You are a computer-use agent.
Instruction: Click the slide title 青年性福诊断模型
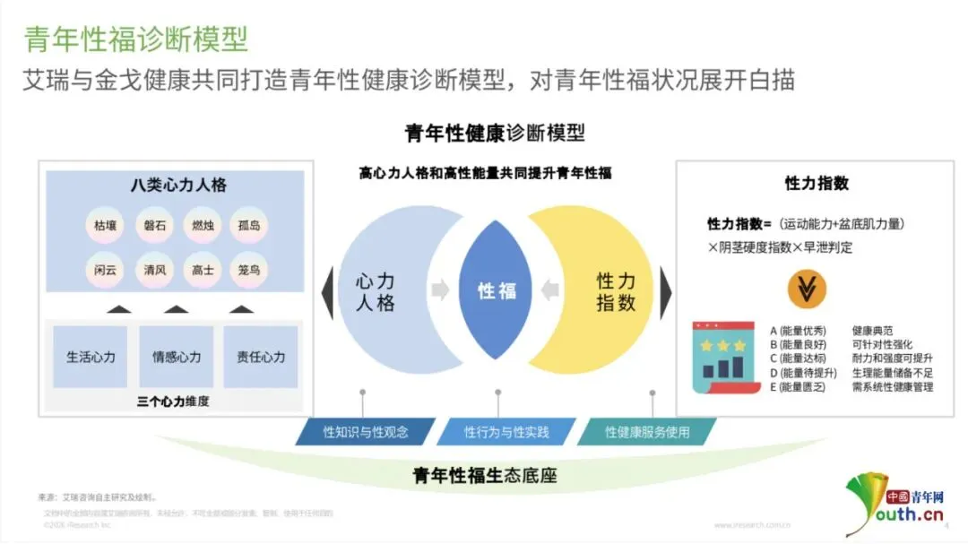pyautogui.click(x=135, y=39)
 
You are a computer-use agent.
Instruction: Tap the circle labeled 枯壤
pyautogui.click(x=105, y=225)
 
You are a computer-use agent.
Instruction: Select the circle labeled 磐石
pyautogui.click(x=154, y=225)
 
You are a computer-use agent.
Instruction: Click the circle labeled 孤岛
pyautogui.click(x=248, y=225)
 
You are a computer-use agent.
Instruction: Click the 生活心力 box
pyautogui.click(x=91, y=357)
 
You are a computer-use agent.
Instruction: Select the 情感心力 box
pyautogui.click(x=176, y=357)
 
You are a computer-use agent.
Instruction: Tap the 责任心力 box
pyautogui.click(x=261, y=357)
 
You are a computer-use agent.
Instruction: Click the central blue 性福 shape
pyautogui.click(x=497, y=290)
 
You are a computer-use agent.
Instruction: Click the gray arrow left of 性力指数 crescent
pyautogui.click(x=551, y=290)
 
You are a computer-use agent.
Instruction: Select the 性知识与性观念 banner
pyautogui.click(x=366, y=432)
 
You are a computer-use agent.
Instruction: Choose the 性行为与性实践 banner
pyautogui.click(x=506, y=432)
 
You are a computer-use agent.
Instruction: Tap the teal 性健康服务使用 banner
pyautogui.click(x=647, y=432)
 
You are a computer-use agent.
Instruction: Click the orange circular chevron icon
pyautogui.click(x=807, y=288)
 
